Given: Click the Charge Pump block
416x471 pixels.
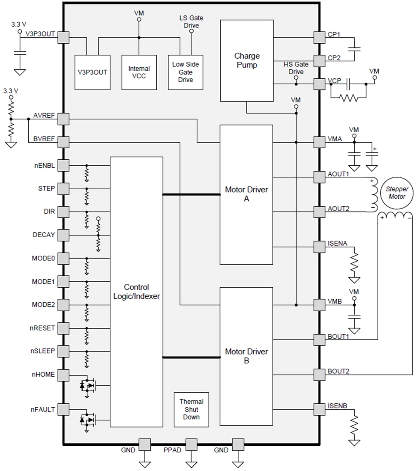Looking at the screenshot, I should point(247,60).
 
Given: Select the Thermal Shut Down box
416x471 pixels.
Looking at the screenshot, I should point(191,409).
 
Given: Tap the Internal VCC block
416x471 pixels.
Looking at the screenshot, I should point(139,72).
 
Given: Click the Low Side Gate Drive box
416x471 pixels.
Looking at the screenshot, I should point(185,72).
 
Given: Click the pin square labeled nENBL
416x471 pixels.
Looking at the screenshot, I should point(63,165).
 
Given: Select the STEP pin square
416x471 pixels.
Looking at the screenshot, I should point(63,188).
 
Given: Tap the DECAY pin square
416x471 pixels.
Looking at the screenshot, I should point(63,235).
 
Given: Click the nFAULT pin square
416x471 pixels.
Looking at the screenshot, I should point(63,409).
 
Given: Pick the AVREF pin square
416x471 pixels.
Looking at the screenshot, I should point(63,119).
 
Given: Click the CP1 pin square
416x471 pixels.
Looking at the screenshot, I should point(319,37).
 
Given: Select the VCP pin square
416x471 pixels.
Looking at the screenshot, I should point(319,84).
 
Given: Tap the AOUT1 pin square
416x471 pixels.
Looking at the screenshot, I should point(319,177).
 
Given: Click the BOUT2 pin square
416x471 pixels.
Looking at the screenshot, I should point(319,375).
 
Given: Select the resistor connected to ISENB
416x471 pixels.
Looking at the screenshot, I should point(354,427).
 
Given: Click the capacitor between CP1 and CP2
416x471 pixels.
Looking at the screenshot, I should point(354,48).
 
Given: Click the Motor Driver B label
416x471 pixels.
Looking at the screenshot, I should point(246,356).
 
